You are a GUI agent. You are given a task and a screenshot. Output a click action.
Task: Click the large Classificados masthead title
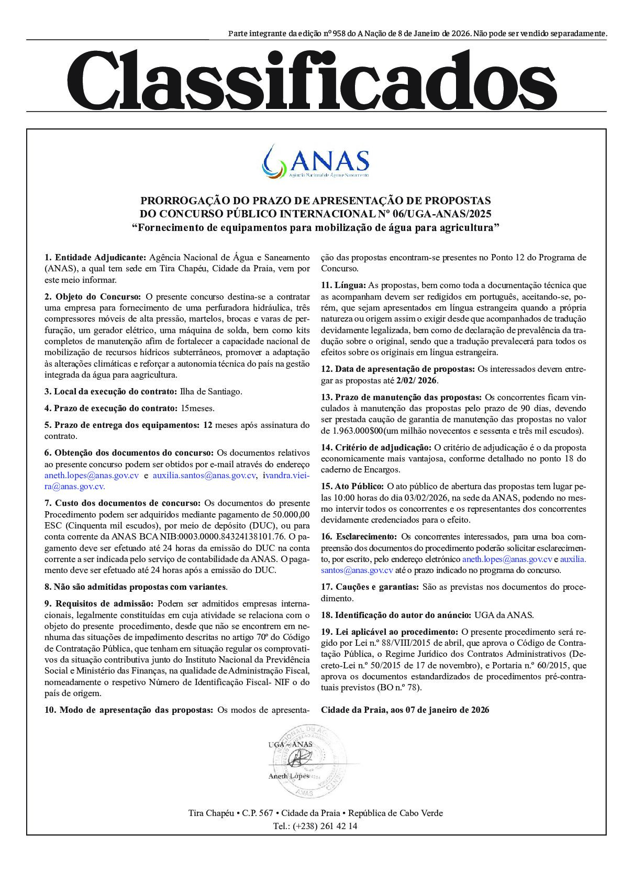click(x=312, y=79)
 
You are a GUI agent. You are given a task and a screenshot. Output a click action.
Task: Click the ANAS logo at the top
click(x=316, y=160)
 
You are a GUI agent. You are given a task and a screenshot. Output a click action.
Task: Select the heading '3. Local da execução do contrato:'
click(x=111, y=391)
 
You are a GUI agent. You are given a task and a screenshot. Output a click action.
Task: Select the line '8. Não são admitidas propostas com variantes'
click(x=136, y=587)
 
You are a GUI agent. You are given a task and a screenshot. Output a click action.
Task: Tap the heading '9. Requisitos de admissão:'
click(x=99, y=604)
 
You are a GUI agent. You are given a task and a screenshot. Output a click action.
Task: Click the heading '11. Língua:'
click(x=343, y=285)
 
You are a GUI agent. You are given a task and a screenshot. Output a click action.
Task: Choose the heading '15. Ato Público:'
click(x=352, y=486)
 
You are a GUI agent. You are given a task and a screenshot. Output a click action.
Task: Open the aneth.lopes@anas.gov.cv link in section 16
click(x=507, y=559)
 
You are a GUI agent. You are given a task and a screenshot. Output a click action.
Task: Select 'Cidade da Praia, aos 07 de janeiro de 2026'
click(x=405, y=710)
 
